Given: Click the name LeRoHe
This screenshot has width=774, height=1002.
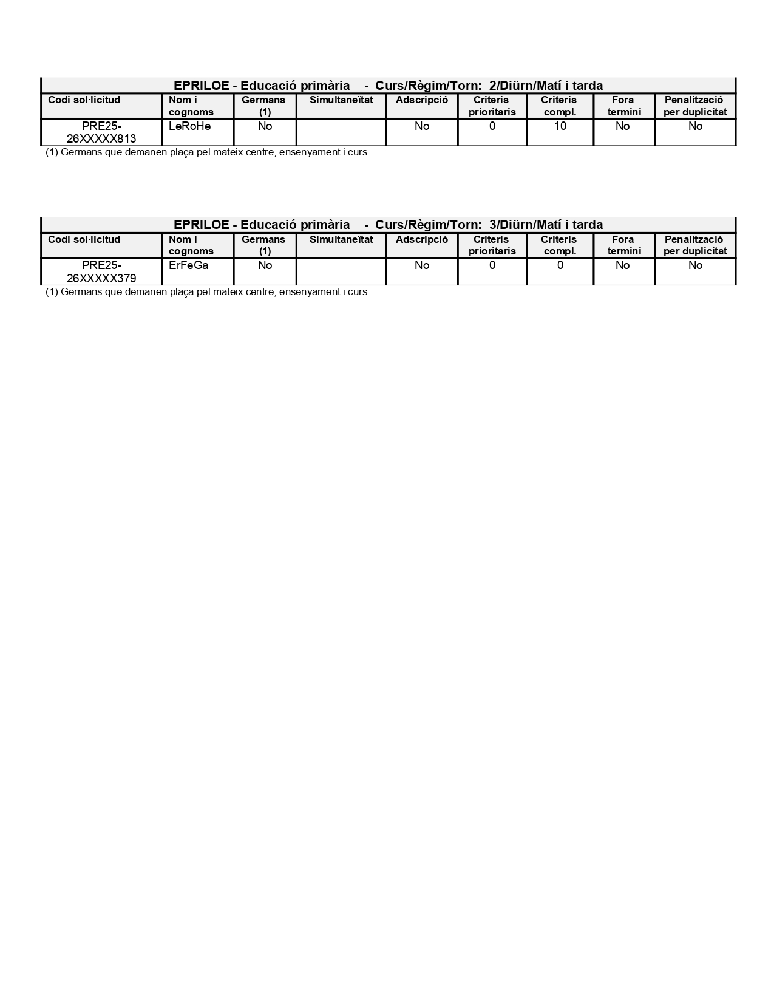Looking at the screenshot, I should pos(189,126).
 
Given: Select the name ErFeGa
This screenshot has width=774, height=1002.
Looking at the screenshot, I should pos(188,265).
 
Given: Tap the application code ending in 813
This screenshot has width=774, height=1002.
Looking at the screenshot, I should pos(101,132).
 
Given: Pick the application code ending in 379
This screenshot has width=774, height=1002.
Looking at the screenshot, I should pos(101,271).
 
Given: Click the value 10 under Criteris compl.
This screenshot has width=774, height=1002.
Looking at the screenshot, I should pos(560,126).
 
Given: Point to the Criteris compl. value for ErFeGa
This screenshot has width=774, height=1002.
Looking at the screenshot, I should pos(560,265).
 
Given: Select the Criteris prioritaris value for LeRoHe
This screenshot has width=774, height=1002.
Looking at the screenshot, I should pos(492,126).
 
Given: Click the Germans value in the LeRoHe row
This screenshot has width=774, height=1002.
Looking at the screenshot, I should pos(265,126).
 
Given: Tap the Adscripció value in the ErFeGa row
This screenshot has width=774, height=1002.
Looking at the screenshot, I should pos(421,265).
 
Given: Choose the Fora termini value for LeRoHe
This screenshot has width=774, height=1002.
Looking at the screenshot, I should pos(623,126).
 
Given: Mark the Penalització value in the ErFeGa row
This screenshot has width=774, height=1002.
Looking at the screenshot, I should pos(695,265).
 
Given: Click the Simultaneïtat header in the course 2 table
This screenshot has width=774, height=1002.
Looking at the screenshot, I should pos(341,100).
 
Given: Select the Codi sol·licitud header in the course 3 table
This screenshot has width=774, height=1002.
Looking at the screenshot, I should pos(84,239).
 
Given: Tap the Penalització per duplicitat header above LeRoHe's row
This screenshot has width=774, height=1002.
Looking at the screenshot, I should pos(695,106).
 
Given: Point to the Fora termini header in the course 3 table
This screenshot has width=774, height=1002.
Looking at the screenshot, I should pos(623,245).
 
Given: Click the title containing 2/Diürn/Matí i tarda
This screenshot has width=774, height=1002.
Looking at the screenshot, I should pos(388,86).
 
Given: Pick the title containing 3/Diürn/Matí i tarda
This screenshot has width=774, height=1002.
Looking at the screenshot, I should pos(388,225).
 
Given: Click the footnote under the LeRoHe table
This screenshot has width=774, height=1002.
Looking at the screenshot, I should pos(206,152).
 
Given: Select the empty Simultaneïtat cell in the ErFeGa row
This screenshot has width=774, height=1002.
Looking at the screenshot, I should pos(341,271).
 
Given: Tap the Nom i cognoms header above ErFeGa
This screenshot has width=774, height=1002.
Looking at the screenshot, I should pos(191,245).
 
